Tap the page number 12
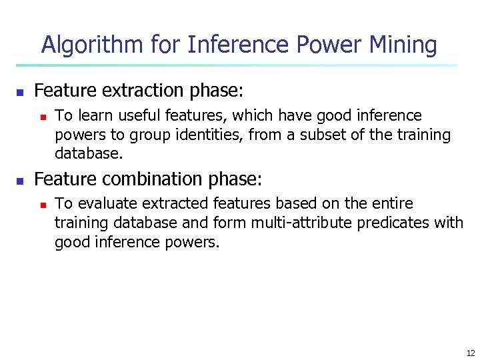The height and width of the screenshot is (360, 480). [x=471, y=353]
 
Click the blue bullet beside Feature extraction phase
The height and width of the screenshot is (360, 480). [x=20, y=91]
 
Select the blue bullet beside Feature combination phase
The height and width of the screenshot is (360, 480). [x=20, y=181]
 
